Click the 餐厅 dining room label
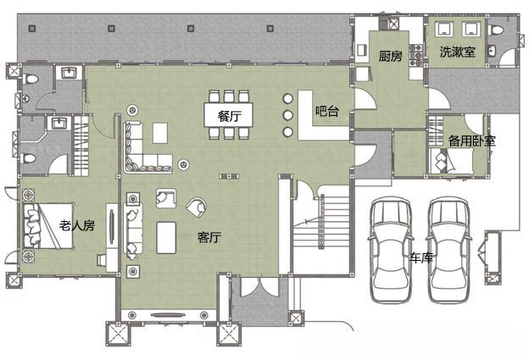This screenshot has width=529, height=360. pos(230,116)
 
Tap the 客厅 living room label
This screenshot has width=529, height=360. pos(209,237)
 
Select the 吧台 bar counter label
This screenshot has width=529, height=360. pos(327,111)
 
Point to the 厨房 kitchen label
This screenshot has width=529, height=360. pos(390,56)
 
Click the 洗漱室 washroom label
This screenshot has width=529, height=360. pos(458,52)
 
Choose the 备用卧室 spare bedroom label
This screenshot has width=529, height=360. pos(472,141)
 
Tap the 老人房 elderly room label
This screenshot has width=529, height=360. pos(77,225)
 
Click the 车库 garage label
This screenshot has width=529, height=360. pos(421,258)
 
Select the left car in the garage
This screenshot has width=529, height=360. pos(391,249)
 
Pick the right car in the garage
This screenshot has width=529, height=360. pos(449,249)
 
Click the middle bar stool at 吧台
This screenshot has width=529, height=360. pos(287,115)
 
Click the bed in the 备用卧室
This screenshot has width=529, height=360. pos(451,161)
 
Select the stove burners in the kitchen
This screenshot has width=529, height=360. pos(415,55)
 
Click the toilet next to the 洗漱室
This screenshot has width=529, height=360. pos(495,30)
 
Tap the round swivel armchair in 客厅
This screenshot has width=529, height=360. pos(197,207)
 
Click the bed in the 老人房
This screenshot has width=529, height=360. pos(48,225)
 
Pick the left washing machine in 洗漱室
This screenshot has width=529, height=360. pos(443,28)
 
